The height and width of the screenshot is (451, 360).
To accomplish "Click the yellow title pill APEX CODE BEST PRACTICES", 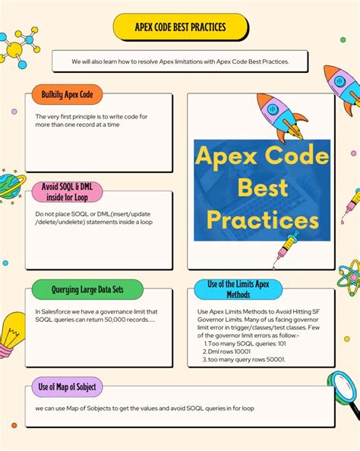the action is [181, 27].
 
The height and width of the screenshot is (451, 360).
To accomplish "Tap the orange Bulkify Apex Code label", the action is [67, 94].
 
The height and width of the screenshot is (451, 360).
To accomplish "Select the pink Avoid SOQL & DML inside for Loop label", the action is [67, 192].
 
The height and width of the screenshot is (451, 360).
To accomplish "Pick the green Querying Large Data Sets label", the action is [87, 289].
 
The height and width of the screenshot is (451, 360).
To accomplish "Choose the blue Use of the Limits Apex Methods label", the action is [238, 289].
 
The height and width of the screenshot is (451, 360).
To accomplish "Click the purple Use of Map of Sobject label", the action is [67, 387].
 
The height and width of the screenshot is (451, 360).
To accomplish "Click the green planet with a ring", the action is [11, 186].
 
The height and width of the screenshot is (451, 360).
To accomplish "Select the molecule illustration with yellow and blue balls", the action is [19, 48].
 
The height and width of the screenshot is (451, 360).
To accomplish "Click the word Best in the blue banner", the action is [263, 188].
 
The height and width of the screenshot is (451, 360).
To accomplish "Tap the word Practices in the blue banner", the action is [263, 219].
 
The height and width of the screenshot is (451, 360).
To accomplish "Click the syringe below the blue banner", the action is [286, 249].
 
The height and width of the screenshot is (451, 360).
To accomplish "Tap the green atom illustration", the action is [349, 278].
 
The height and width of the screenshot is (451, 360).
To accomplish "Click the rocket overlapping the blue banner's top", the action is [282, 118].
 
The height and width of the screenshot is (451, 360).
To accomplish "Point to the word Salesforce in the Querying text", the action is [54, 311].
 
